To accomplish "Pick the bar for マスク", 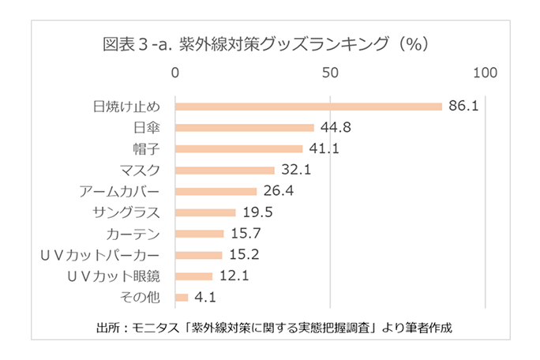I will pos(224,170).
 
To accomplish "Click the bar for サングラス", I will pos(205,212).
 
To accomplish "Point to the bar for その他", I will pos(182,298).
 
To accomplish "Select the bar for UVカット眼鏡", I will pos(193,276).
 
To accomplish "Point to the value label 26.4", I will pos(278,191).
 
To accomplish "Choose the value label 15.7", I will pos(245,234).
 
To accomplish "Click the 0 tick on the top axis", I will pos(175,73).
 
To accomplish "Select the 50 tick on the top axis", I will pos(330,73).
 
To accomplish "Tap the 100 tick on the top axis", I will pos(485,73).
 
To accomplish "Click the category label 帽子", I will pos(146,148).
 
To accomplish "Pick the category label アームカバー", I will pos(120,191).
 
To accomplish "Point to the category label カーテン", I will pos(133,234).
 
